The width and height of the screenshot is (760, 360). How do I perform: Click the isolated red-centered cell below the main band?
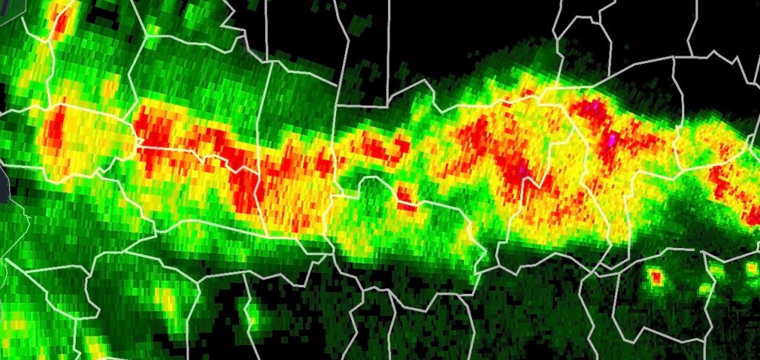point(656,278)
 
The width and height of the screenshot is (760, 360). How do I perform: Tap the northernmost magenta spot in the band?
point(594,107)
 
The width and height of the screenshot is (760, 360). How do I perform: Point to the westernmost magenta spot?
point(525,170)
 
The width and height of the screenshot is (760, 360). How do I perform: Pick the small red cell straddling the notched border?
point(405,197)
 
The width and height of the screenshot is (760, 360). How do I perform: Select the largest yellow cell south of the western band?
point(168,300)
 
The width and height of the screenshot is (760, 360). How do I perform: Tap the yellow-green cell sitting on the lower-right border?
point(704,288)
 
